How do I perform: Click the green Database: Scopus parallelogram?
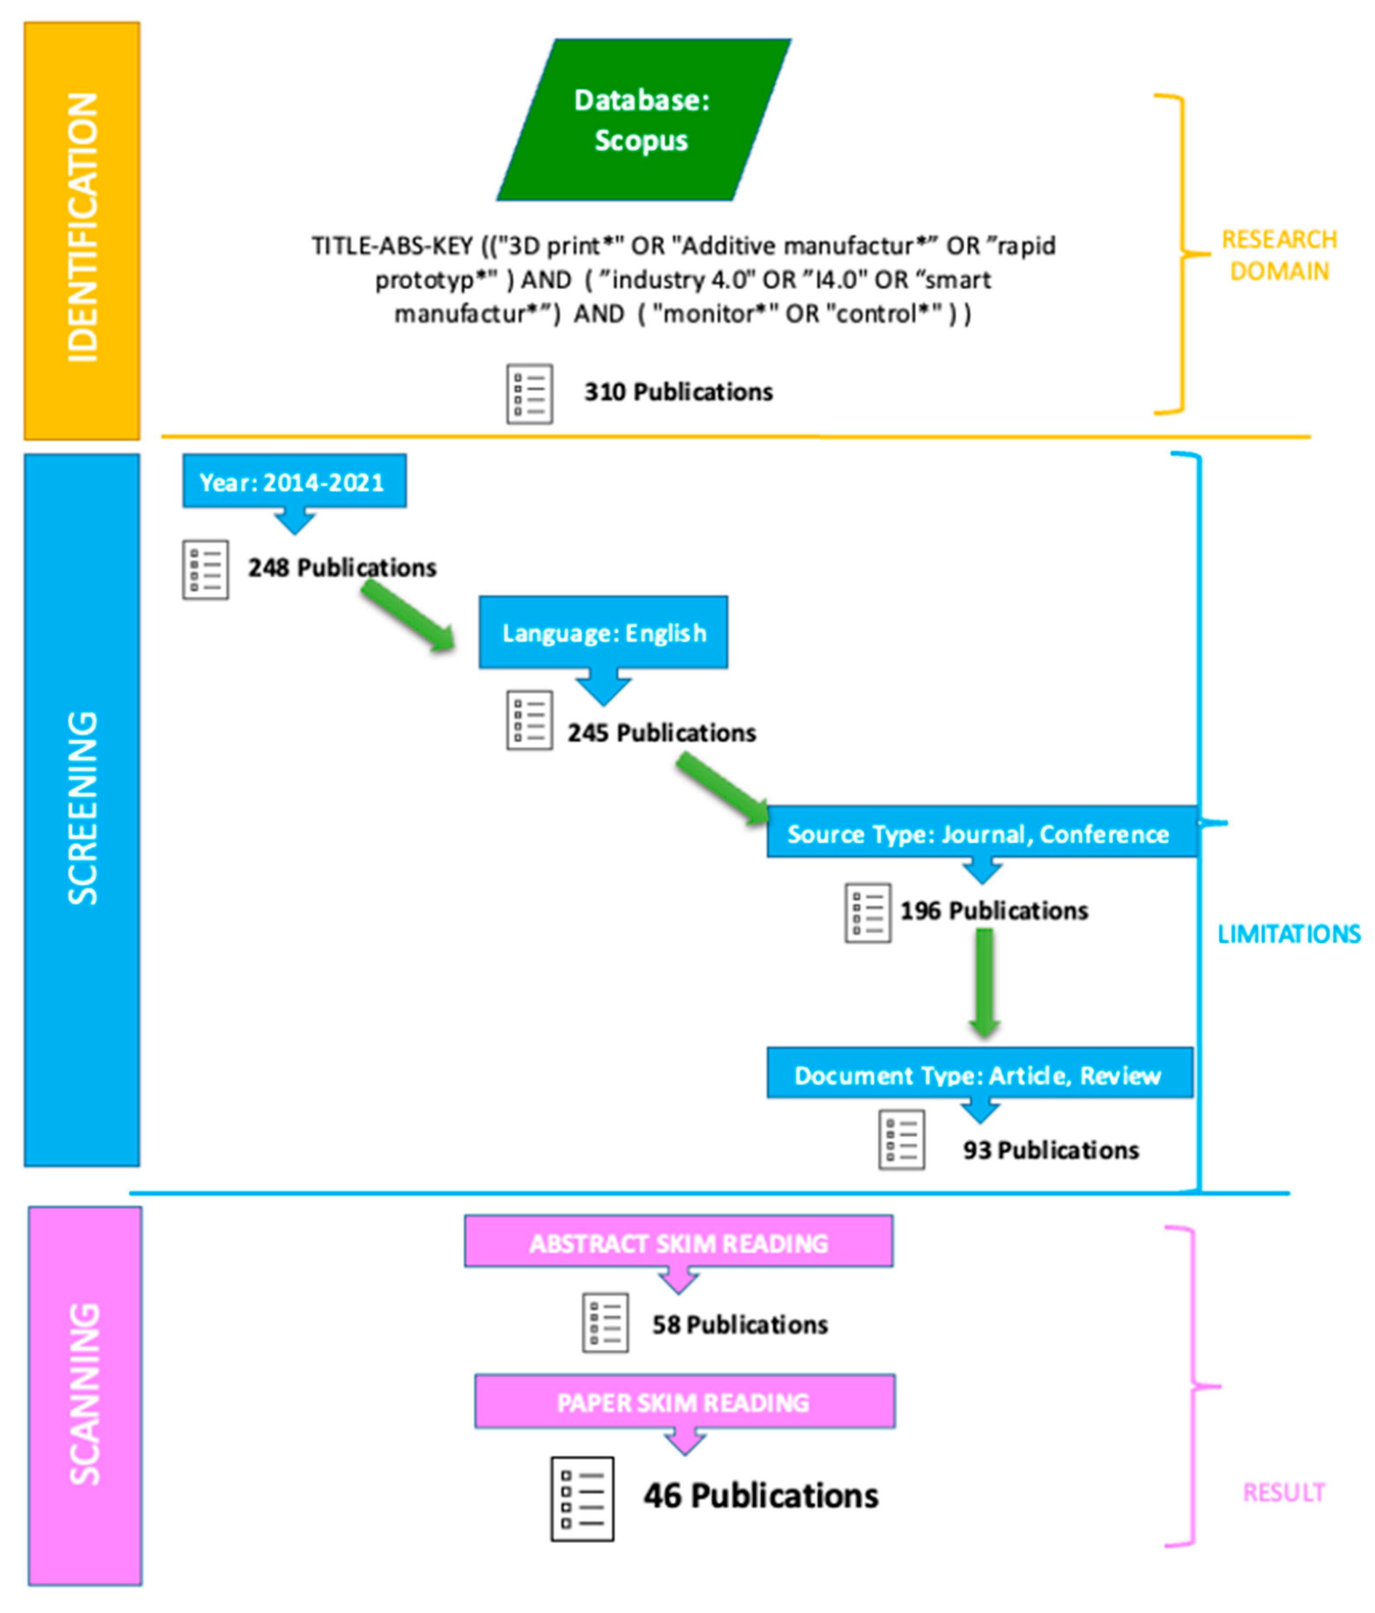click(x=643, y=120)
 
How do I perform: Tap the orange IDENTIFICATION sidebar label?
click(x=82, y=230)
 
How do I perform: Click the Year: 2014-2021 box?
click(x=293, y=482)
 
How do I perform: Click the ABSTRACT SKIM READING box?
click(x=678, y=1242)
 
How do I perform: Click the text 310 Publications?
click(x=678, y=392)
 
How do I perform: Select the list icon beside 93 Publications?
click(x=901, y=1139)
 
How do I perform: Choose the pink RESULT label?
click(x=1282, y=1492)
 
